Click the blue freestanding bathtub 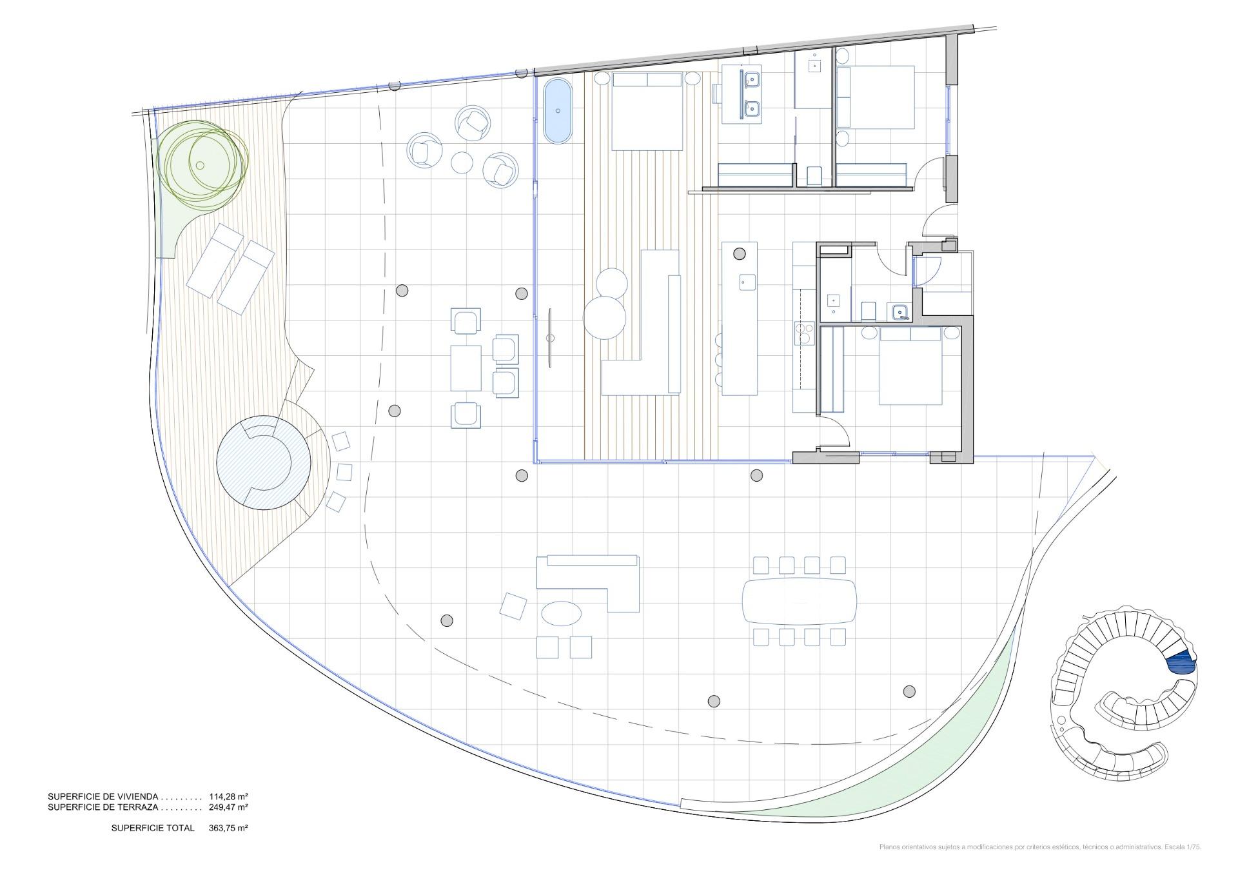(x=557, y=111)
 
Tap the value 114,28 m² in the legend (x=228, y=797)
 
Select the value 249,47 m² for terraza (x=228, y=807)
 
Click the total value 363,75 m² (x=228, y=828)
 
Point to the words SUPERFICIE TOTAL (x=153, y=828)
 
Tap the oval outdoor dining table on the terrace (x=800, y=601)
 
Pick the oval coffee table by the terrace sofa (x=560, y=613)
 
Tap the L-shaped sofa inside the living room (x=642, y=322)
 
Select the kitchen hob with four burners (x=804, y=334)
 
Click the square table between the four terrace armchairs (x=466, y=368)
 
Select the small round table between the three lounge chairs (x=462, y=161)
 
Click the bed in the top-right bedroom (x=876, y=97)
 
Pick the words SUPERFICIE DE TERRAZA (x=103, y=807)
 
